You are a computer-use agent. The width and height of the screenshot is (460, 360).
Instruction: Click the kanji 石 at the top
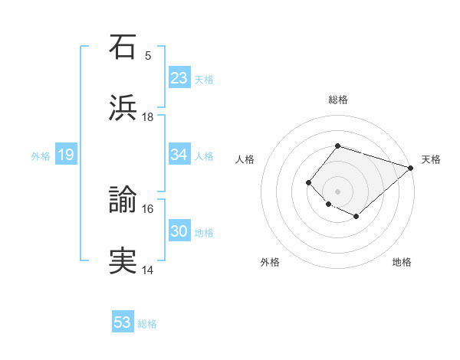click(123, 47)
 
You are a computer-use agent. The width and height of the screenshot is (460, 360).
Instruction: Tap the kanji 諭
click(123, 201)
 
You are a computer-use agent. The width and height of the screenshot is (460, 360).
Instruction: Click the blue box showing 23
click(179, 77)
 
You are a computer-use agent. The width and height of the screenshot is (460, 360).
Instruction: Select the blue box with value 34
click(179, 155)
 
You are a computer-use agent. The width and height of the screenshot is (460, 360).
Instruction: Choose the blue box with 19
click(65, 155)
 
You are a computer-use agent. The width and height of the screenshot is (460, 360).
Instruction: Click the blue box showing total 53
click(123, 322)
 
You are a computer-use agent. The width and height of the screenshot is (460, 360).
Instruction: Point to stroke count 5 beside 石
click(148, 55)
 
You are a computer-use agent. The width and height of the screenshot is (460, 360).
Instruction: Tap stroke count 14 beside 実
click(148, 270)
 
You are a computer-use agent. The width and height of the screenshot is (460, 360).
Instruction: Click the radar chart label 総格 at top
click(338, 100)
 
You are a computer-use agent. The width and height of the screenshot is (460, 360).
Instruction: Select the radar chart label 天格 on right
click(431, 159)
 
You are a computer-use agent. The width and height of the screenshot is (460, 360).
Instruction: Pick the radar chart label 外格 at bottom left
click(270, 262)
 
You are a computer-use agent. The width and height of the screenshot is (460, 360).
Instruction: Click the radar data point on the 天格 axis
click(412, 167)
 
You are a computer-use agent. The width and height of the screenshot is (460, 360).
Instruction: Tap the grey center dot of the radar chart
click(337, 191)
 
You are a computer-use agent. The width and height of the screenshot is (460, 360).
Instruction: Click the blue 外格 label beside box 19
click(41, 155)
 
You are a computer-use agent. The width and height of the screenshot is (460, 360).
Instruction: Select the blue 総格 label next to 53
click(147, 324)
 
